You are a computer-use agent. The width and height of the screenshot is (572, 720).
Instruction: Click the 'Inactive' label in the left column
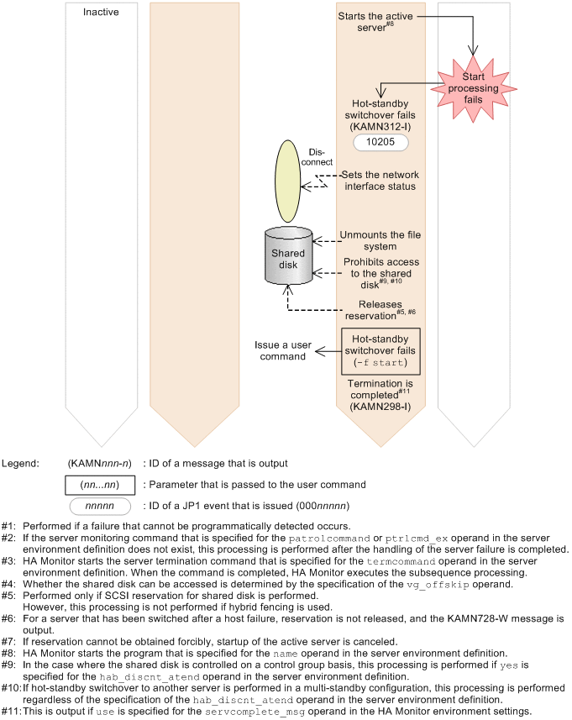pos(101,13)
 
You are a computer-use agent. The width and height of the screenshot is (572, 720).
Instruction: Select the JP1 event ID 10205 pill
pos(380,144)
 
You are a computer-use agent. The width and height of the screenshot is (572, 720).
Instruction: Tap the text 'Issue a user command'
pos(281,350)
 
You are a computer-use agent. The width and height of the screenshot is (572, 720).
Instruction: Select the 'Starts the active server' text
pos(376,21)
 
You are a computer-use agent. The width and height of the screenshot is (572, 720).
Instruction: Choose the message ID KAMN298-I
pos(380,407)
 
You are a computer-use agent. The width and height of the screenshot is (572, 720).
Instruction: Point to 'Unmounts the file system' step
pos(380,241)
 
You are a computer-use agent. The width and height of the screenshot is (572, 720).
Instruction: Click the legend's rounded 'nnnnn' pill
pos(99,507)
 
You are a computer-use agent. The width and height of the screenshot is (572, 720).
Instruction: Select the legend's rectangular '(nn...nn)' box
pos(99,485)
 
